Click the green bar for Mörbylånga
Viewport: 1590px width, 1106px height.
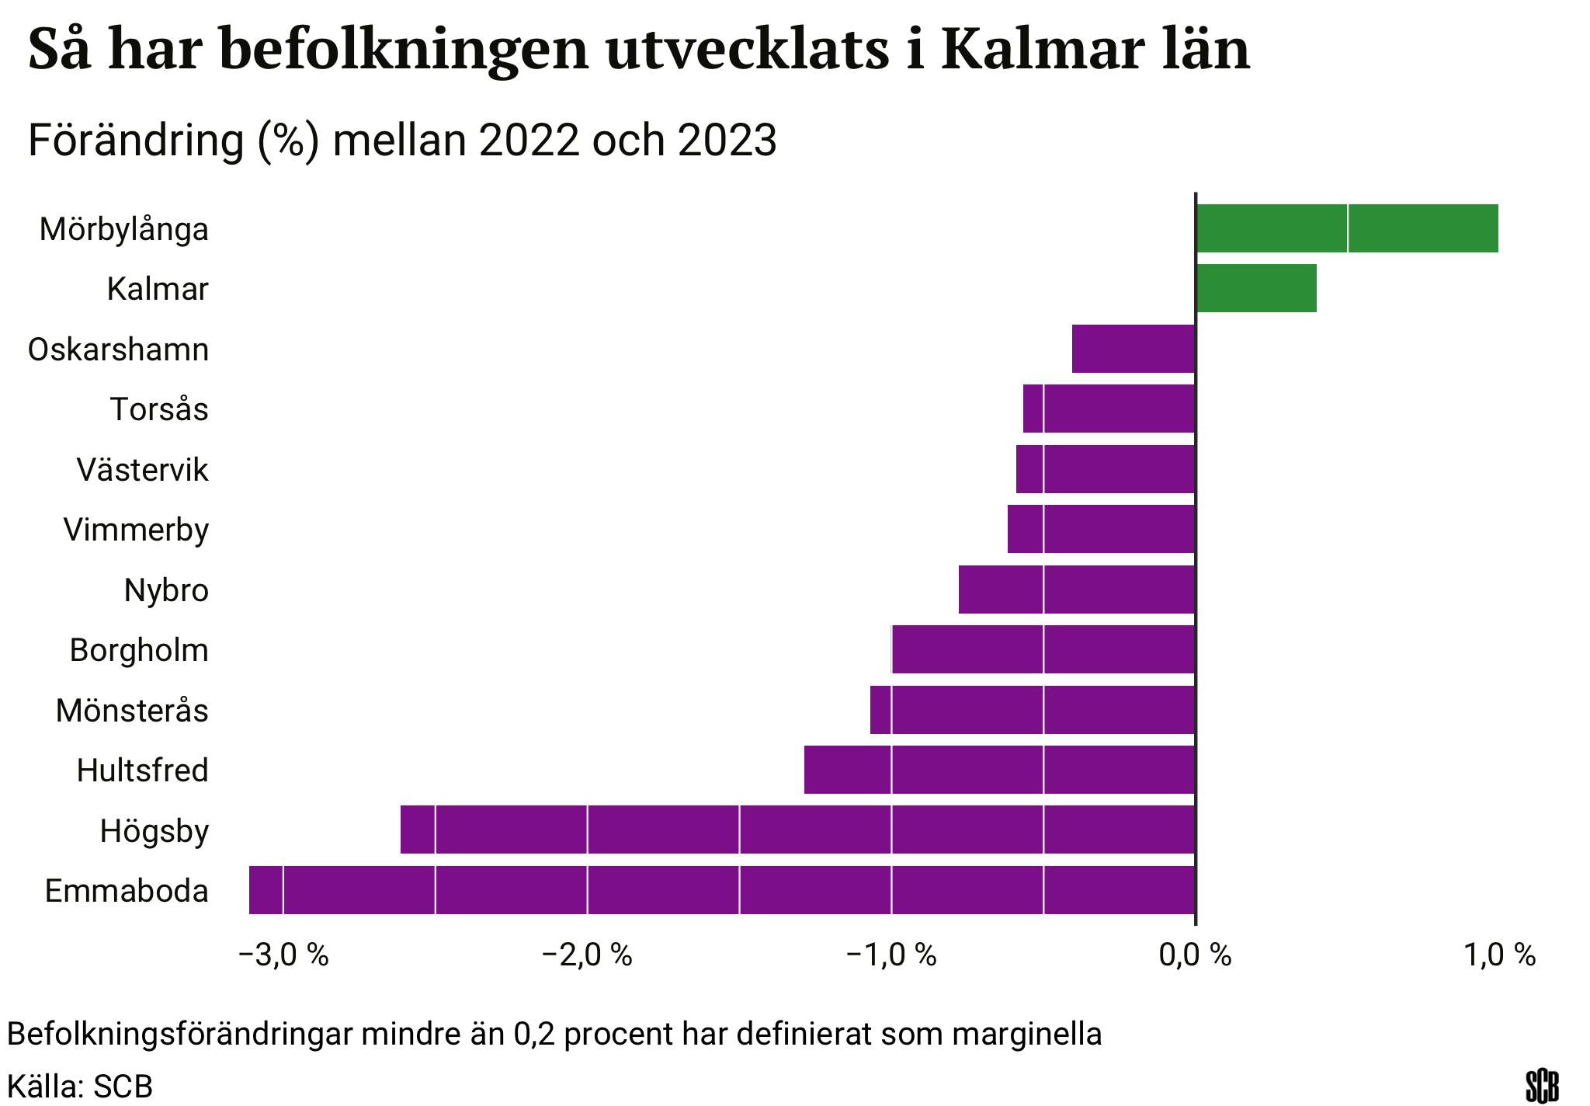[x=1346, y=228]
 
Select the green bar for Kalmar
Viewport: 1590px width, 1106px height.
[x=1255, y=288]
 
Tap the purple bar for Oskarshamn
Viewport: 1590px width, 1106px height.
[x=1133, y=349]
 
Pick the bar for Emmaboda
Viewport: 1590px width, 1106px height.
[x=721, y=890]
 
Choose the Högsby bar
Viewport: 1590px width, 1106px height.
[x=797, y=829]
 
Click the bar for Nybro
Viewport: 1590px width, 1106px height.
[x=1076, y=590]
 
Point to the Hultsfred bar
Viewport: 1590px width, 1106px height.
[x=999, y=770]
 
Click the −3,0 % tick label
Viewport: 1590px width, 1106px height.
[x=283, y=955]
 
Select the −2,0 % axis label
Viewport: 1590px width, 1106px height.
[x=587, y=955]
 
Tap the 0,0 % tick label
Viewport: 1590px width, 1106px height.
[x=1195, y=955]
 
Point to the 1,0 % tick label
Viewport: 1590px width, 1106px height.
[x=1500, y=955]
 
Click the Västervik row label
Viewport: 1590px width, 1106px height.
[x=143, y=470]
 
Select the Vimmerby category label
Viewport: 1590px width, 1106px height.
[x=137, y=530]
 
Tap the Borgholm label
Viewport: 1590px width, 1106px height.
[x=140, y=650]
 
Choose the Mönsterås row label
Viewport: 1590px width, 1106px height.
[x=133, y=711]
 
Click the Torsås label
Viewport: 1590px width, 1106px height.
[x=159, y=409]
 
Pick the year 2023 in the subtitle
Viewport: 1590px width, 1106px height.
[x=727, y=141]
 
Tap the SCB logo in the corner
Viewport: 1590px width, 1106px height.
[x=1542, y=1085]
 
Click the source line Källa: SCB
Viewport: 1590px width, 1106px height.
[x=80, y=1086]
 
